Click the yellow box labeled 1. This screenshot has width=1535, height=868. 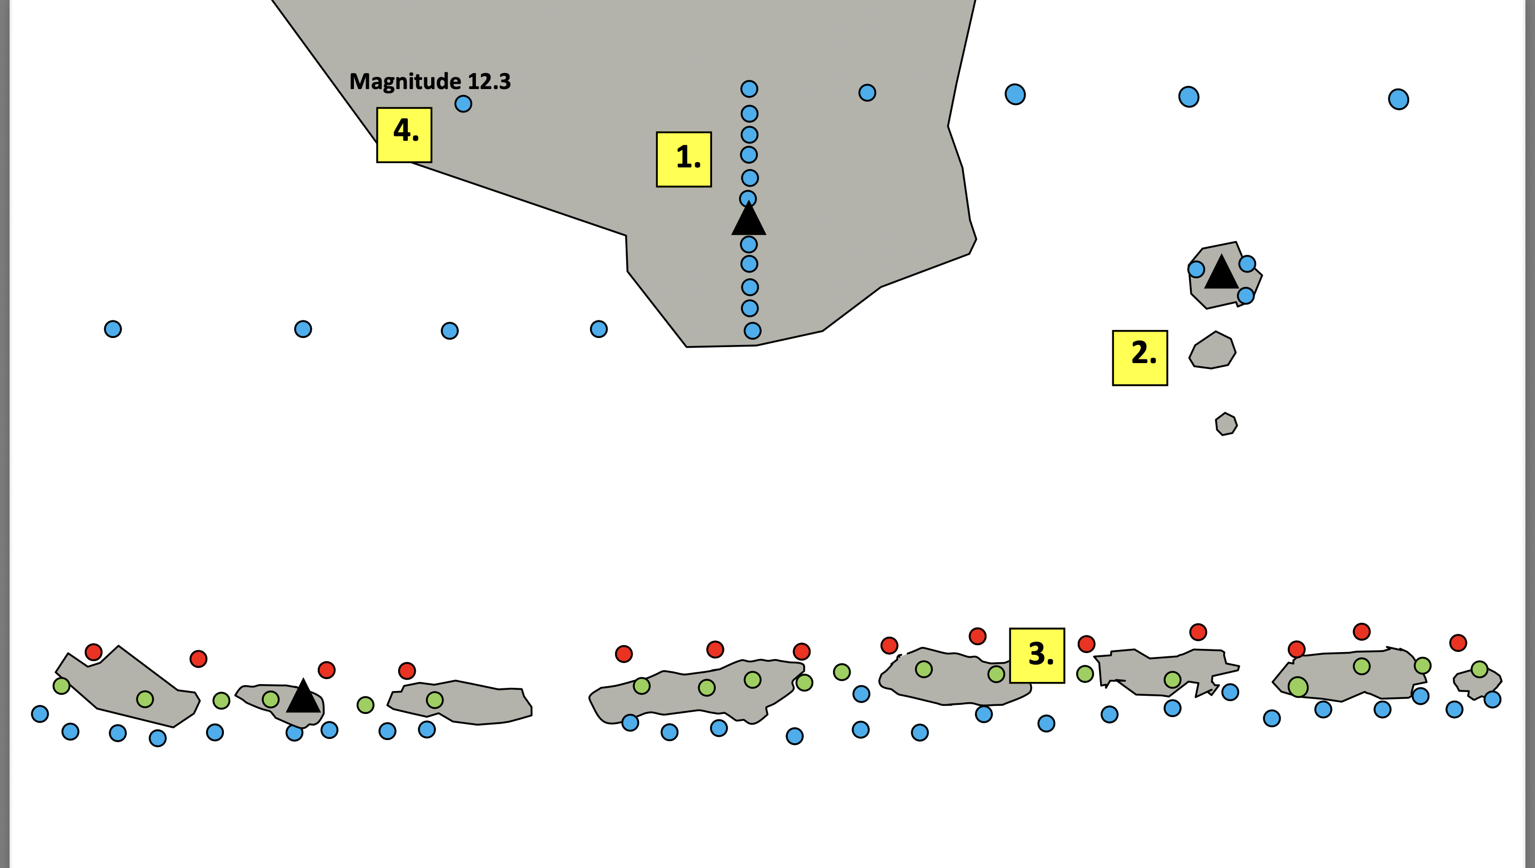point(683,159)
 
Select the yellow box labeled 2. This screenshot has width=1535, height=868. point(1140,358)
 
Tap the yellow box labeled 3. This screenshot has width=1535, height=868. point(1037,655)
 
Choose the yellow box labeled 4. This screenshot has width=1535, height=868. point(404,135)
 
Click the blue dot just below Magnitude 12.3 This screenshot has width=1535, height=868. point(463,104)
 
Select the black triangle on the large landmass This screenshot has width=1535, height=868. point(748,219)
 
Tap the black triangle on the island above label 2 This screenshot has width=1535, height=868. point(1222,273)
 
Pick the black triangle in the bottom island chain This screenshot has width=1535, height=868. point(303,697)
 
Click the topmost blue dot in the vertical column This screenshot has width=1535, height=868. point(749,89)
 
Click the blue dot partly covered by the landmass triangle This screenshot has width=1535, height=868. point(748,197)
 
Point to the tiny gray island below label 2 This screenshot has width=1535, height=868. point(1226,424)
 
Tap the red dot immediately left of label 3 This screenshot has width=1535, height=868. point(977,636)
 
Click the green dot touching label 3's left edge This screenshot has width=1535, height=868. point(996,674)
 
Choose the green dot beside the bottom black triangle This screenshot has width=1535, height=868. point(271,700)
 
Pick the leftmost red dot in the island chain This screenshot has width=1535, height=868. point(94,652)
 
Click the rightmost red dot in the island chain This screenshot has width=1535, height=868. point(1458,642)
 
